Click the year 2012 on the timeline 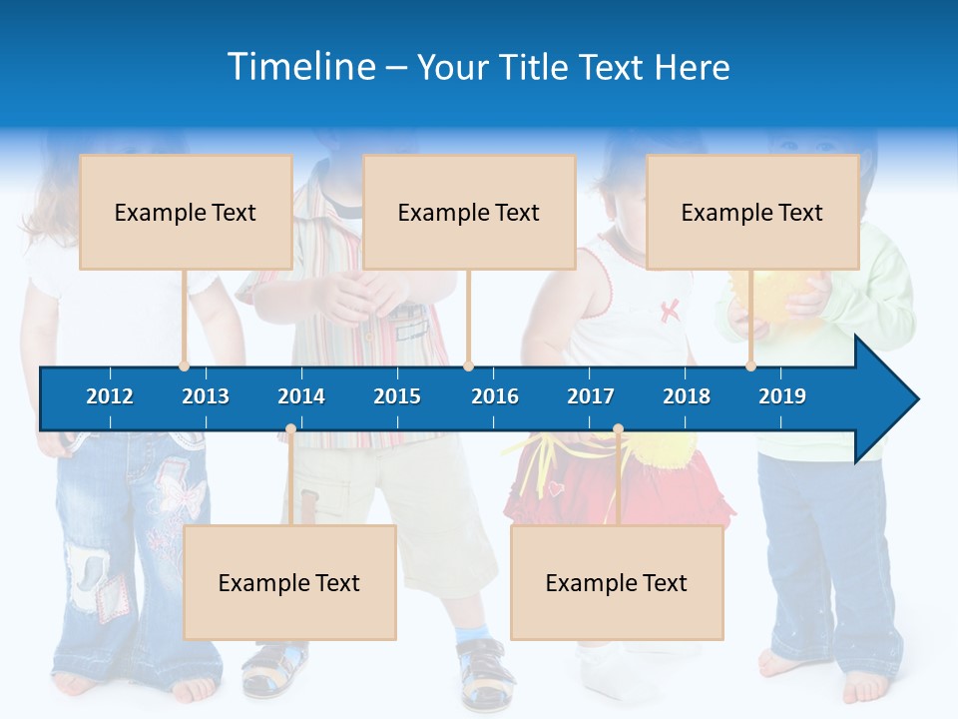pyautogui.click(x=110, y=396)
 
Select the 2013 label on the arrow pyautogui.click(x=206, y=396)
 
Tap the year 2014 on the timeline pyautogui.click(x=301, y=396)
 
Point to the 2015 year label pyautogui.click(x=397, y=396)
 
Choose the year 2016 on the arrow pyautogui.click(x=495, y=396)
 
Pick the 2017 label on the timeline pyautogui.click(x=591, y=396)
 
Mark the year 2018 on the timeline pyautogui.click(x=687, y=396)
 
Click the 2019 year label pyautogui.click(x=782, y=396)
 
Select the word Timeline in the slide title pyautogui.click(x=300, y=67)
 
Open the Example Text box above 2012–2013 pyautogui.click(x=186, y=212)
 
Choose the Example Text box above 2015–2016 pyautogui.click(x=469, y=212)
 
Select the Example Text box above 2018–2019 pyautogui.click(x=752, y=212)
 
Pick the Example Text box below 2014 pyautogui.click(x=289, y=582)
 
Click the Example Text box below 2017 pyautogui.click(x=617, y=582)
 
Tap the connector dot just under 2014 pyautogui.click(x=290, y=429)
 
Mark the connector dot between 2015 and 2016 pyautogui.click(x=468, y=365)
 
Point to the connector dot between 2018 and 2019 pyautogui.click(x=750, y=365)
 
